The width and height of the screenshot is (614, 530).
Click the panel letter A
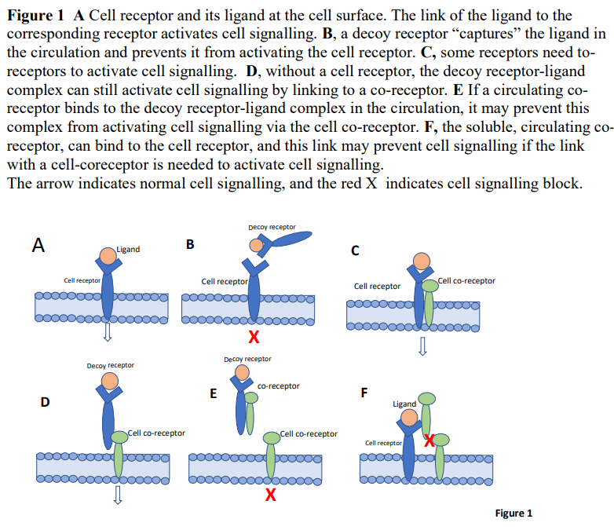pos(38,244)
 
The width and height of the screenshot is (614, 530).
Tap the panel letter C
pos(355,251)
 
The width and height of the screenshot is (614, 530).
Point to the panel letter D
pos(45,403)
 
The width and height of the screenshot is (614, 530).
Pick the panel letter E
pos(213,393)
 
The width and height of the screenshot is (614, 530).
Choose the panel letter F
pos(363,393)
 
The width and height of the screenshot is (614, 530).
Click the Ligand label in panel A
pos(128,250)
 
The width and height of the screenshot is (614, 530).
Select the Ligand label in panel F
pos(404,404)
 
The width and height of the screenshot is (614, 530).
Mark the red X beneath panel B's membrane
pos(253,338)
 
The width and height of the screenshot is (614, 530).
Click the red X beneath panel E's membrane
pos(270,495)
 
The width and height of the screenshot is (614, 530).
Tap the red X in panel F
pos(429,440)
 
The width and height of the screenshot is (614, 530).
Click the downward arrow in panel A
pos(108,334)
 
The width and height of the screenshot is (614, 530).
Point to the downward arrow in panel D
pos(118,494)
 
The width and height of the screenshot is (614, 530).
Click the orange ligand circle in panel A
pos(108,255)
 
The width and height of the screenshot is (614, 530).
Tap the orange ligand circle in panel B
pos(257,245)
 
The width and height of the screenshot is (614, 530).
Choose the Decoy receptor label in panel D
pos(110,365)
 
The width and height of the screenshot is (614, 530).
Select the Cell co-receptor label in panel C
pos(466,281)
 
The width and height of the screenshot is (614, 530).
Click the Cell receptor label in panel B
pos(225,281)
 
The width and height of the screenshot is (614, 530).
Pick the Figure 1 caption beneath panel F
pos(513,513)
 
